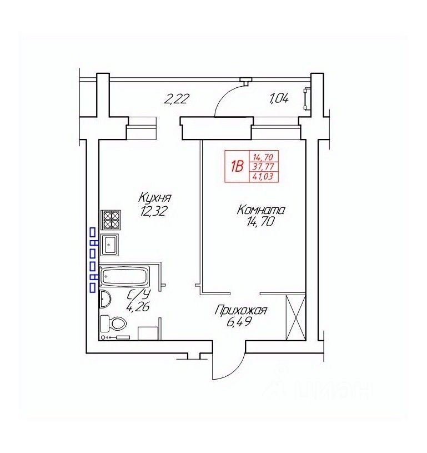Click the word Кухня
pyautogui.click(x=155, y=198)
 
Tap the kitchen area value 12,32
pyautogui.click(x=153, y=211)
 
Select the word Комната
pyautogui.click(x=261, y=210)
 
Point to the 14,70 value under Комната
pyautogui.click(x=260, y=222)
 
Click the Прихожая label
pyautogui.click(x=241, y=311)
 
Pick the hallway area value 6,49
pyautogui.click(x=238, y=322)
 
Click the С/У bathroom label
pyautogui.click(x=139, y=295)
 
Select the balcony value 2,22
pyautogui.click(x=177, y=99)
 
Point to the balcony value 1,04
pyautogui.click(x=279, y=99)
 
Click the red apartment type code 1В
pyautogui.click(x=237, y=166)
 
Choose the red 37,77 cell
pyautogui.click(x=263, y=167)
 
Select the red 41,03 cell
pyautogui.click(x=263, y=176)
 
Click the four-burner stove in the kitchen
pyautogui.click(x=110, y=220)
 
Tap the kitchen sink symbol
pyautogui.click(x=109, y=245)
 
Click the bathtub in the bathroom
pyautogui.click(x=125, y=276)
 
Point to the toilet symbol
pyautogui.click(x=113, y=323)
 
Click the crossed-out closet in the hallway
pyautogui.click(x=295, y=317)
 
